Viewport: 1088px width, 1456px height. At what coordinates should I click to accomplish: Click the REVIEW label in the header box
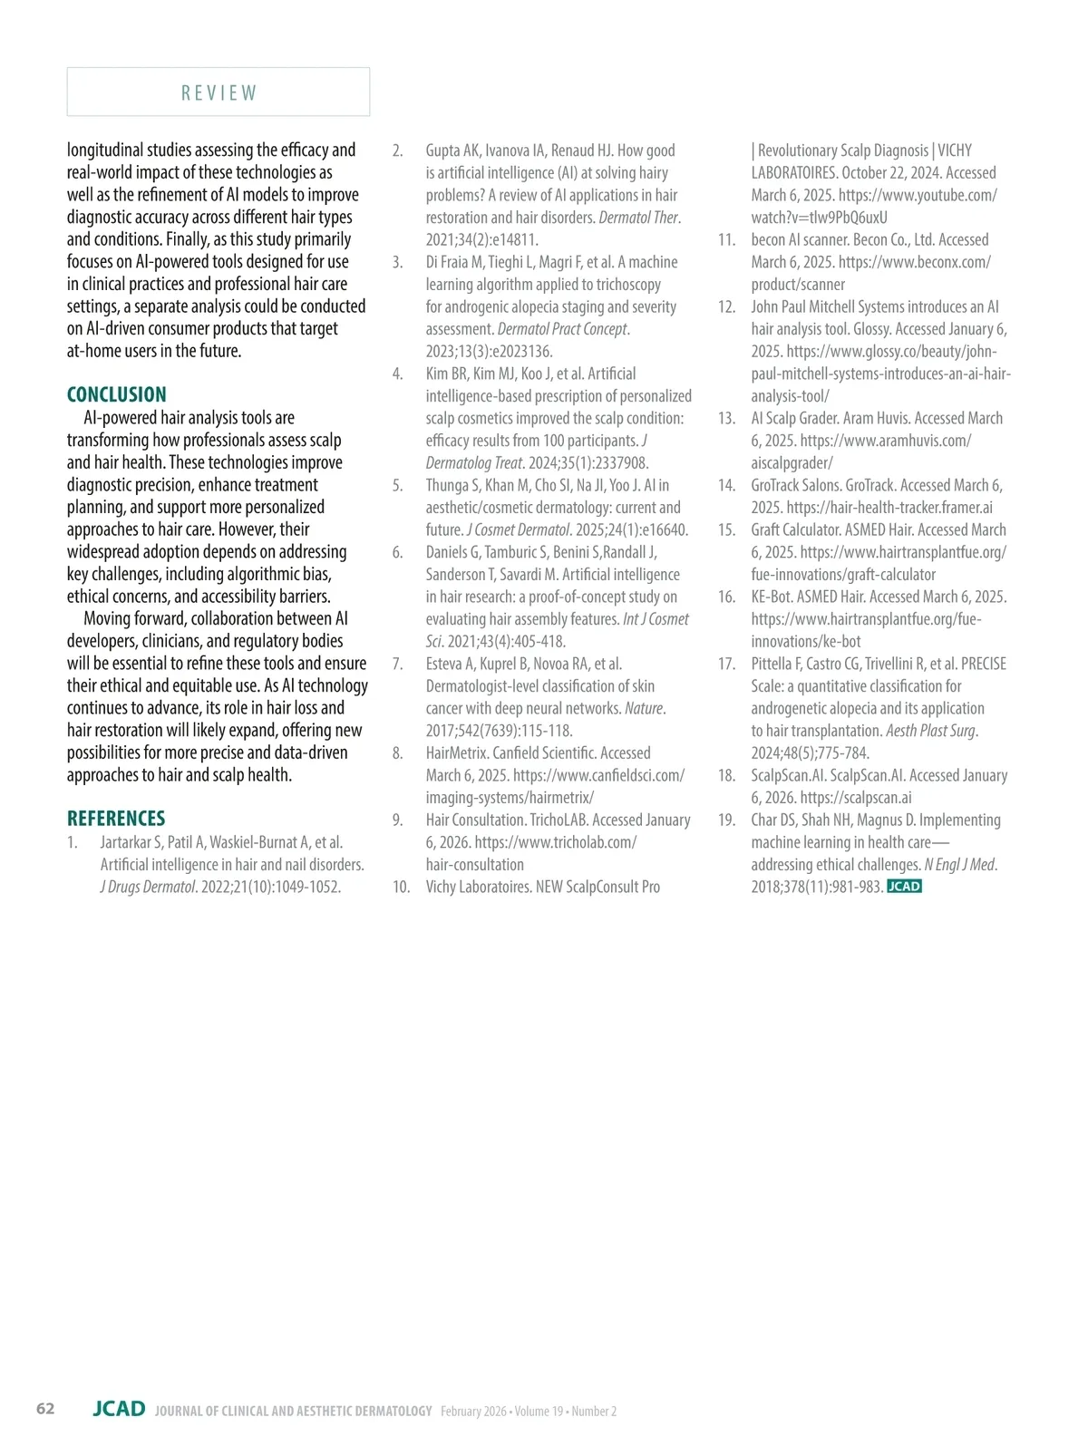coord(219,93)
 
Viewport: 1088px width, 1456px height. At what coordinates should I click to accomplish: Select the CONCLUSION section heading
coord(117,394)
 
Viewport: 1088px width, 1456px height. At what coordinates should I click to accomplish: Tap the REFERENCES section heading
coord(116,818)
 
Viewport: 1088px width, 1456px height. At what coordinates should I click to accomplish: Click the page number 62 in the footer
coord(45,1408)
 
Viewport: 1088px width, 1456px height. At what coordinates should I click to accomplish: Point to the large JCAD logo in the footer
coord(119,1408)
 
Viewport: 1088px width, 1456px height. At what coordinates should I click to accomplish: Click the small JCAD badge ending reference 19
coord(903,887)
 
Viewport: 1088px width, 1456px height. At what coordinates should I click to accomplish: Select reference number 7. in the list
coord(397,664)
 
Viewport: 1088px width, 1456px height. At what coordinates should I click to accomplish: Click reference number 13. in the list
coord(726,418)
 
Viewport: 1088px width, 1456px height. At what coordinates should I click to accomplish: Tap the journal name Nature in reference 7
coord(645,708)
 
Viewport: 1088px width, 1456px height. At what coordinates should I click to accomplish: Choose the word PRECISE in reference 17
coord(984,664)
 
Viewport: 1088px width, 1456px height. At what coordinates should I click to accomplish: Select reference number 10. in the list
coord(401,887)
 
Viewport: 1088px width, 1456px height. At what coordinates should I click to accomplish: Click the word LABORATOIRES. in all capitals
coord(794,172)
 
